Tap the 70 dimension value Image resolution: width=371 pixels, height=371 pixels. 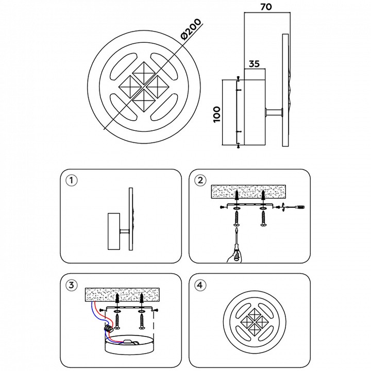tap(266, 7)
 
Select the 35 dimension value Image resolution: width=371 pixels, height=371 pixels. tap(254, 64)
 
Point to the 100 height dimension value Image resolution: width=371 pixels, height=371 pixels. tap(216, 114)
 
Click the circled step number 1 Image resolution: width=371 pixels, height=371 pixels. tap(71, 180)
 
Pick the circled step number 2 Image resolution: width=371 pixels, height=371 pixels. tap(201, 180)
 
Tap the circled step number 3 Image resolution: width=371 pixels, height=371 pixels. tap(72, 285)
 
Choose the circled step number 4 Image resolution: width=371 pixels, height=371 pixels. tap(201, 284)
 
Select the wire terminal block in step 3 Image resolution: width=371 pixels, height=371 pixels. tap(109, 328)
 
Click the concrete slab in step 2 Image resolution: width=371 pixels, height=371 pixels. tap(249, 193)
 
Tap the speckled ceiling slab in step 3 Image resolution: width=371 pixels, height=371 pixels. tap(122, 295)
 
